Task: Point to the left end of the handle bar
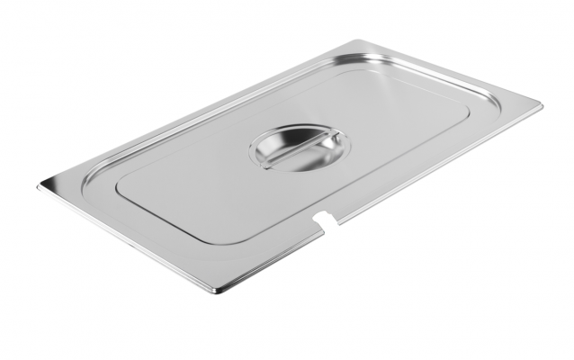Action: [x=266, y=160]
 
